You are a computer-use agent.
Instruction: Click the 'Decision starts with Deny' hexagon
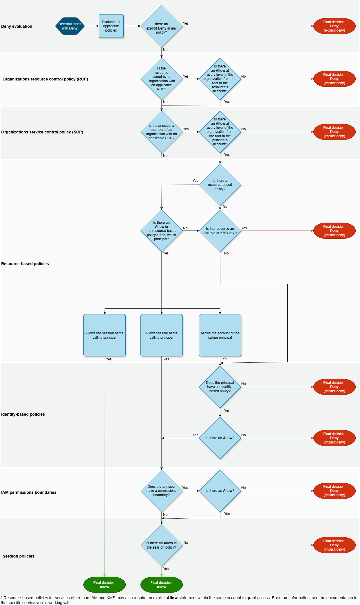tap(70, 26)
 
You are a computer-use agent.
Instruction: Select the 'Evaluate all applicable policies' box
tap(111, 26)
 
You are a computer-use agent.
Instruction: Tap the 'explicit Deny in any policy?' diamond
tap(162, 26)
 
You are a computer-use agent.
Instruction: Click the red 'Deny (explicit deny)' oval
tap(334, 26)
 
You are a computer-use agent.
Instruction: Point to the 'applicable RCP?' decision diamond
tap(162, 79)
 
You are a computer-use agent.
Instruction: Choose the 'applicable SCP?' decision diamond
tap(162, 132)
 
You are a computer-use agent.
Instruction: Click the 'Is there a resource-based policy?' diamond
tap(220, 185)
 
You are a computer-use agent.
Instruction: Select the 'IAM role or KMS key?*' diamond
tap(220, 231)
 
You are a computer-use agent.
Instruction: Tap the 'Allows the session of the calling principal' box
tap(105, 335)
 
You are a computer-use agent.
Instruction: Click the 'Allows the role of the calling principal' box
tap(162, 335)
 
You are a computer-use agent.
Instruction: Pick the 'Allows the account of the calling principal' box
tap(220, 335)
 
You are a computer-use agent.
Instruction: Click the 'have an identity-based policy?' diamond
tap(220, 387)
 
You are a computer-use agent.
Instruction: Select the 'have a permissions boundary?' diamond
tap(162, 491)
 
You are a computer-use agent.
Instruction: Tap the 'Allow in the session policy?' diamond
tap(162, 545)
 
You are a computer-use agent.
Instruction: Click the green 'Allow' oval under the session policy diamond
tap(162, 585)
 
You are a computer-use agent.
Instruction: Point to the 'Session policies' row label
tap(19, 556)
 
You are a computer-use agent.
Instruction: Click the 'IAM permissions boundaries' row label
tap(29, 492)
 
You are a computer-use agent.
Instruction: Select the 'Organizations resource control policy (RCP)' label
tap(45, 79)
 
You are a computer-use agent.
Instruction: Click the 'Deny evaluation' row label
tap(17, 26)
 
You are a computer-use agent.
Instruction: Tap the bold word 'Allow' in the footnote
tap(172, 598)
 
